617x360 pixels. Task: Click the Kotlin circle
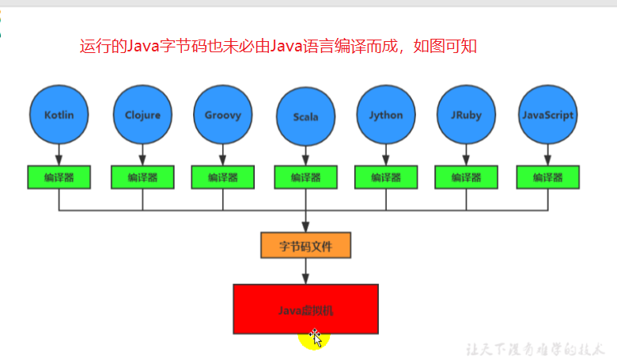click(x=59, y=115)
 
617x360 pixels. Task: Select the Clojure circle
click(x=142, y=115)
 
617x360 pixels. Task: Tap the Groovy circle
click(x=223, y=115)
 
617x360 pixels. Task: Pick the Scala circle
click(x=305, y=116)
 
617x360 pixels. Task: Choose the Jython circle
click(x=386, y=115)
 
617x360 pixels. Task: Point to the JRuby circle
click(x=467, y=115)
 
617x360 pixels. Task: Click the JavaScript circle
click(x=547, y=115)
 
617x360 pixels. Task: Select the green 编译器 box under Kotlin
click(x=59, y=177)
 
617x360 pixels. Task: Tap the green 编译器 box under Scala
click(x=305, y=177)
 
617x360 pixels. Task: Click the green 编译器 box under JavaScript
click(x=547, y=177)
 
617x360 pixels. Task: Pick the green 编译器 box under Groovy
click(x=223, y=177)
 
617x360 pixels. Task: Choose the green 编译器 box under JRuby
click(x=467, y=177)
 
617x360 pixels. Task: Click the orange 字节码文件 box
click(x=305, y=245)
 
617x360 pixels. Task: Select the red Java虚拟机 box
click(x=305, y=309)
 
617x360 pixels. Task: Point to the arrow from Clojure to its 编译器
click(x=142, y=155)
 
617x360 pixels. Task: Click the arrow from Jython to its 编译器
click(x=386, y=155)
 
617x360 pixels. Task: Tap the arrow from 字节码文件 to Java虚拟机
click(x=305, y=271)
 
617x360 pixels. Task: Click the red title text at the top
click(x=278, y=46)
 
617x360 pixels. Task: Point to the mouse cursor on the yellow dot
click(x=316, y=339)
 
